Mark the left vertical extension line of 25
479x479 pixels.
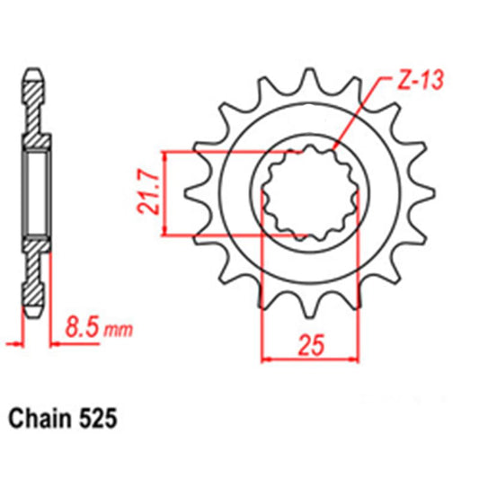pyautogui.click(x=261, y=297)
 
